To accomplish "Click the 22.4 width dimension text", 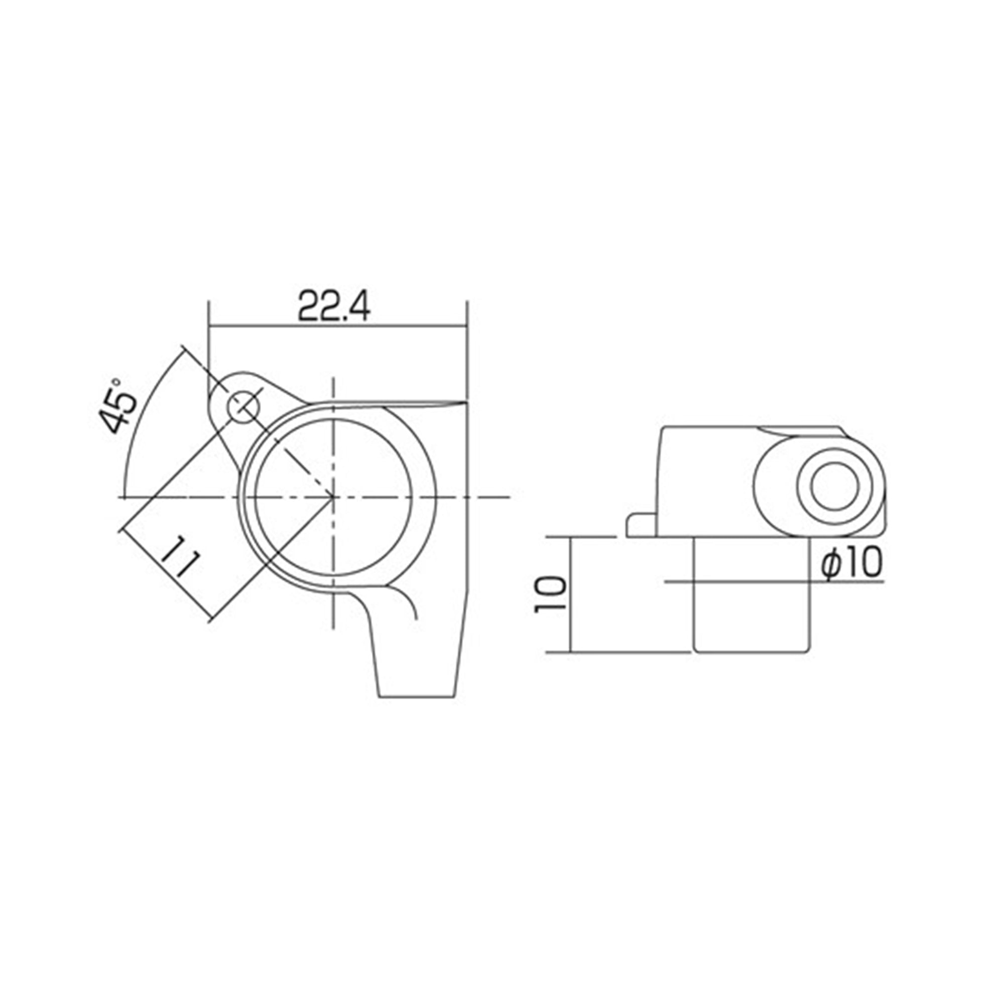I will pos(334,308).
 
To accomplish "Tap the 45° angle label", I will pos(118,406).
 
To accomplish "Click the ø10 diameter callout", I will pos(851,563).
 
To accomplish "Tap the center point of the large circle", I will pos(333,497).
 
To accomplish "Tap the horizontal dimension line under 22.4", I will pos(338,327).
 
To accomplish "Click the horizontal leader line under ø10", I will pos(774,581).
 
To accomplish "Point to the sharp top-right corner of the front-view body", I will pos(466,402).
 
